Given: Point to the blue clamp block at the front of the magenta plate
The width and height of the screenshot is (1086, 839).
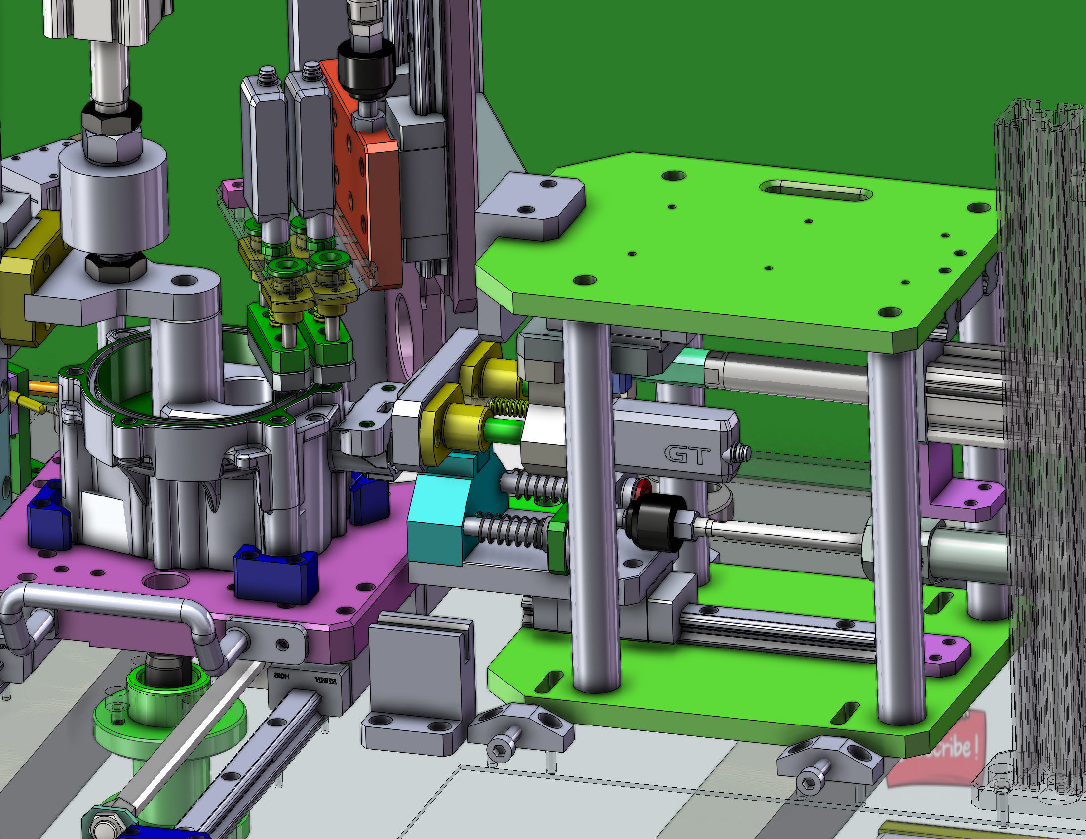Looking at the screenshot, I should tap(276, 574).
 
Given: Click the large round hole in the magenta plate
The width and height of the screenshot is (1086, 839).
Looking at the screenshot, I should tap(165, 580).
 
